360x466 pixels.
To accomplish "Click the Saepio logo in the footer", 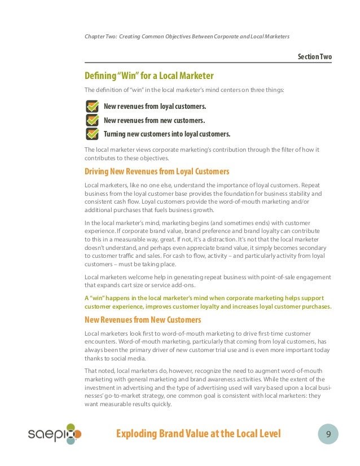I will [55, 434].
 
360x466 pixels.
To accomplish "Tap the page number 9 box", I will [327, 434].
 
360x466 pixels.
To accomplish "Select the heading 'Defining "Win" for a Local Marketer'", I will [149, 76].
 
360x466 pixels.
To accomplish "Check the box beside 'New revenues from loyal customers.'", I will [92, 106].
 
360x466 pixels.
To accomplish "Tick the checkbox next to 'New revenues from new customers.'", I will [92, 120].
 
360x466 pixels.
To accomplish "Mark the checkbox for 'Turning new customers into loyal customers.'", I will [92, 134].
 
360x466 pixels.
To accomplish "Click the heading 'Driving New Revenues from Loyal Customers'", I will [157, 171].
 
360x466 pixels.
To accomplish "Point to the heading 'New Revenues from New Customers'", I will [143, 320].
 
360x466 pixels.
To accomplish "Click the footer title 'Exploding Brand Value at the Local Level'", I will [198, 434].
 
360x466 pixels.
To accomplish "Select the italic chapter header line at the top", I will [187, 37].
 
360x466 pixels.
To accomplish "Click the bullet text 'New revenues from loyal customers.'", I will [155, 106].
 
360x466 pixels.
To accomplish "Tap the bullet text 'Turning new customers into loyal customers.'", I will [167, 134].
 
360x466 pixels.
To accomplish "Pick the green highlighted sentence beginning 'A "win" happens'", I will [208, 302].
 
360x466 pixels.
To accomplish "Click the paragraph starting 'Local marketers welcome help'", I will [208, 281].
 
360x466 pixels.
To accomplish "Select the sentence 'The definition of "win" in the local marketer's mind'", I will [185, 90].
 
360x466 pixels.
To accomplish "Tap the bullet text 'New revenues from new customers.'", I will [154, 120].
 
